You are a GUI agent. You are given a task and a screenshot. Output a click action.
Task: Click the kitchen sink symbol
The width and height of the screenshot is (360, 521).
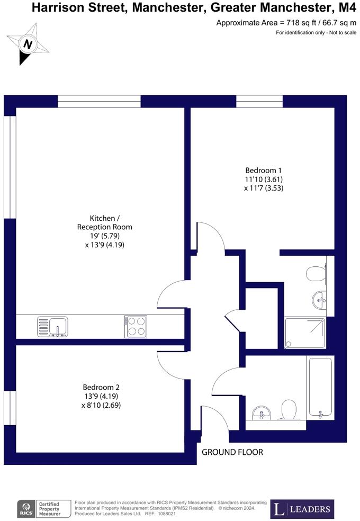pos(52,327)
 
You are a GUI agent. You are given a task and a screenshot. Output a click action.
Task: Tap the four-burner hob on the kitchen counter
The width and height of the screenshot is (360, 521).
pos(136,327)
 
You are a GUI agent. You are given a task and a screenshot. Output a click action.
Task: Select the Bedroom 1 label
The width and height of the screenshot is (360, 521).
pos(263,170)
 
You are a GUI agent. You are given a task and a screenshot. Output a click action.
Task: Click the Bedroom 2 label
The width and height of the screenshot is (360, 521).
pos(101,387)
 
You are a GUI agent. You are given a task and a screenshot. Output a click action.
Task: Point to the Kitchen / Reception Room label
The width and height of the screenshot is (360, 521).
pos(105,222)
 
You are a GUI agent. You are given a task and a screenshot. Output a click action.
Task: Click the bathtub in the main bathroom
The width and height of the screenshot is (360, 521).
pos(320,387)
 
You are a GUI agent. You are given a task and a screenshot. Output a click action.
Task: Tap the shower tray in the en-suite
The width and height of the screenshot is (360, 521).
pos(305,333)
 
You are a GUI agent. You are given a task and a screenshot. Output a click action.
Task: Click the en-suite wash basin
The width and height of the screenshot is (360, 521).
pos(320,299)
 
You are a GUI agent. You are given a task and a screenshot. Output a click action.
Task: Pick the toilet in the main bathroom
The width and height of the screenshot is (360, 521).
pos(289,409)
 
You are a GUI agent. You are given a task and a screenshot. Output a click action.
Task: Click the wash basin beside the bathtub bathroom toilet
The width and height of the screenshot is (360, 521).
pos(262,412)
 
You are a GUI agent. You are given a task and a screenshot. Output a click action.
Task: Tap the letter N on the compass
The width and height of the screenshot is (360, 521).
pos(28,44)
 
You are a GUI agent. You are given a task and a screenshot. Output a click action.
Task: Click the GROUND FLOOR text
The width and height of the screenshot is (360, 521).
pos(232,452)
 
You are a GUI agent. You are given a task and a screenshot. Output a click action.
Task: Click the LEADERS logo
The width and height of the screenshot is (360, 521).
pos(302,509)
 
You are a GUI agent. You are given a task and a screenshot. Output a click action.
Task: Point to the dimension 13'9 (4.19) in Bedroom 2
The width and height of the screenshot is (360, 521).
pos(101,396)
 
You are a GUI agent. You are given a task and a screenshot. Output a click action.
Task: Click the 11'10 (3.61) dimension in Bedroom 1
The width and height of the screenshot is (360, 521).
pos(264,179)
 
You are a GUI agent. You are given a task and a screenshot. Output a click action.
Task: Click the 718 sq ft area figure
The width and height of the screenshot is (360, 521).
pos(299,23)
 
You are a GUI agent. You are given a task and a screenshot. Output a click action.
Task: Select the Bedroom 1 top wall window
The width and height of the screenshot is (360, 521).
pos(259,101)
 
